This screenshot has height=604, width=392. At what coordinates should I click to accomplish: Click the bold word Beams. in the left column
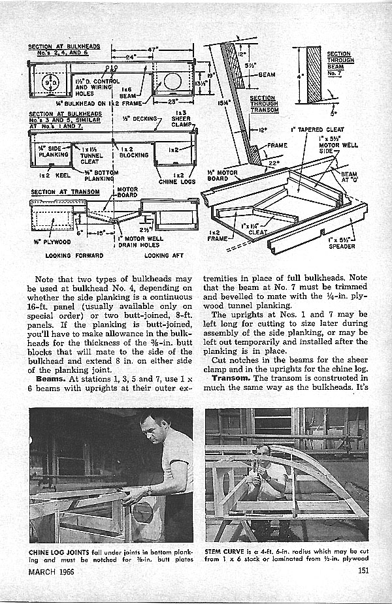point(50,378)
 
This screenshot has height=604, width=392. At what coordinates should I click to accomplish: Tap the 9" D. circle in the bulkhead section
point(48,83)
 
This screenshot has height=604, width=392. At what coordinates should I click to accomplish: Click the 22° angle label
point(270,163)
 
